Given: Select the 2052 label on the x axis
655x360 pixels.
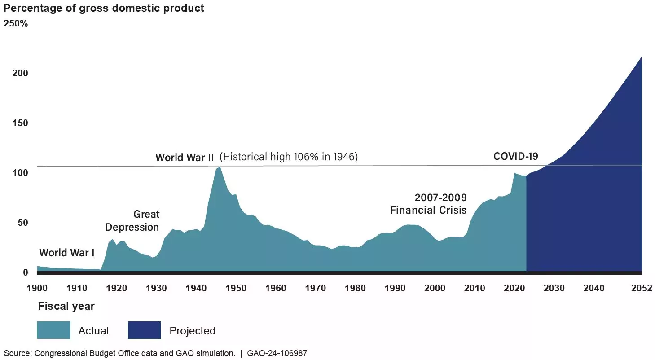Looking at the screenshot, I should [x=641, y=288].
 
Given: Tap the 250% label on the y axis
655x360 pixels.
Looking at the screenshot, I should [x=16, y=24].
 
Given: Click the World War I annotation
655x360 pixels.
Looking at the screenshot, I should [x=66, y=253].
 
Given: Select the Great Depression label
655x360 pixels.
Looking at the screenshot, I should [x=132, y=221].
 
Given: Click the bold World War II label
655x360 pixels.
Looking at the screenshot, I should [x=185, y=158].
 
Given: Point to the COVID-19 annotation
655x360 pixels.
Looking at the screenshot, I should [x=515, y=156].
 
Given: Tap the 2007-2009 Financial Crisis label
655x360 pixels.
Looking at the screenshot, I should [x=428, y=204].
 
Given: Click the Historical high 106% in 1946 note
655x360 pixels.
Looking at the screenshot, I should [x=289, y=157].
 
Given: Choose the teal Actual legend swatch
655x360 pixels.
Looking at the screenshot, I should [x=53, y=330].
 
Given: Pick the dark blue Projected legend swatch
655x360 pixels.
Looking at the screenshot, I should [x=144, y=330].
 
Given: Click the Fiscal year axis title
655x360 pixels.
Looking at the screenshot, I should [x=66, y=307].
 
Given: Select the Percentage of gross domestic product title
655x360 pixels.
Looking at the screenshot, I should [x=104, y=8].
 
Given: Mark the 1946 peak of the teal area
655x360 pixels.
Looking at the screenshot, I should [x=220, y=168].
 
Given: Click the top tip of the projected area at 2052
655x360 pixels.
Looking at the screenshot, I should [x=641, y=57].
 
